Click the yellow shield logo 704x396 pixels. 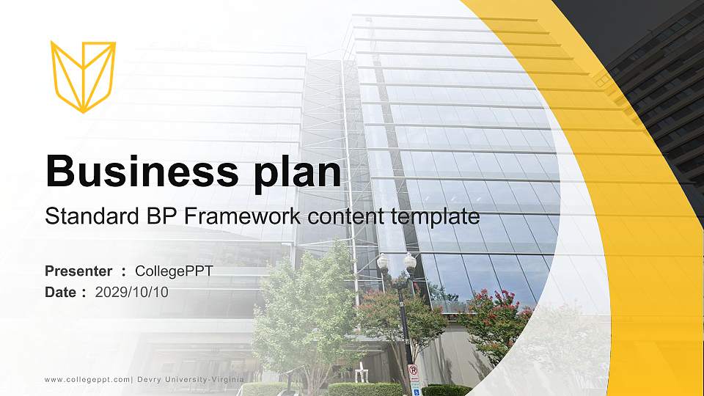83,76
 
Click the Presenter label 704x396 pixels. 78,271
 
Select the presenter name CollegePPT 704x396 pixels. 175,271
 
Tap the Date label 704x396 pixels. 61,292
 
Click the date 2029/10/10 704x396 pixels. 132,292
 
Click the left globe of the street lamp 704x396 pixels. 383,260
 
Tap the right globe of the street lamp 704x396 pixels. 410,260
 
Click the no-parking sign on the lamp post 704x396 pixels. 413,371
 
